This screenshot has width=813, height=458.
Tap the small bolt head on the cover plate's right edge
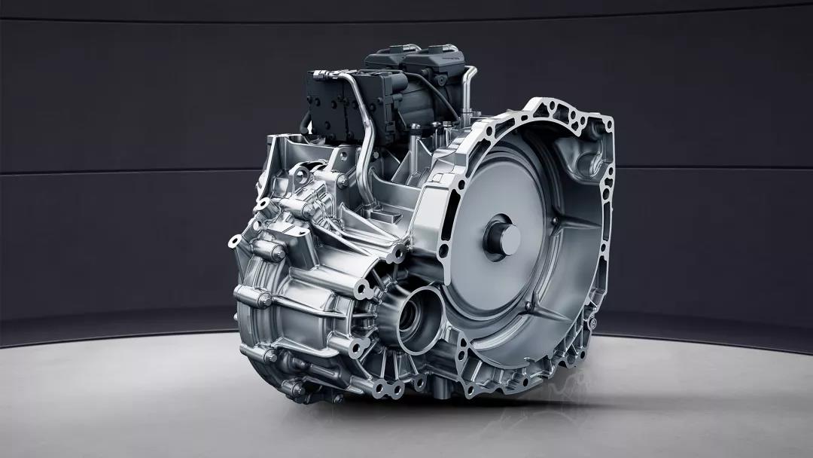coord(555,221)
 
